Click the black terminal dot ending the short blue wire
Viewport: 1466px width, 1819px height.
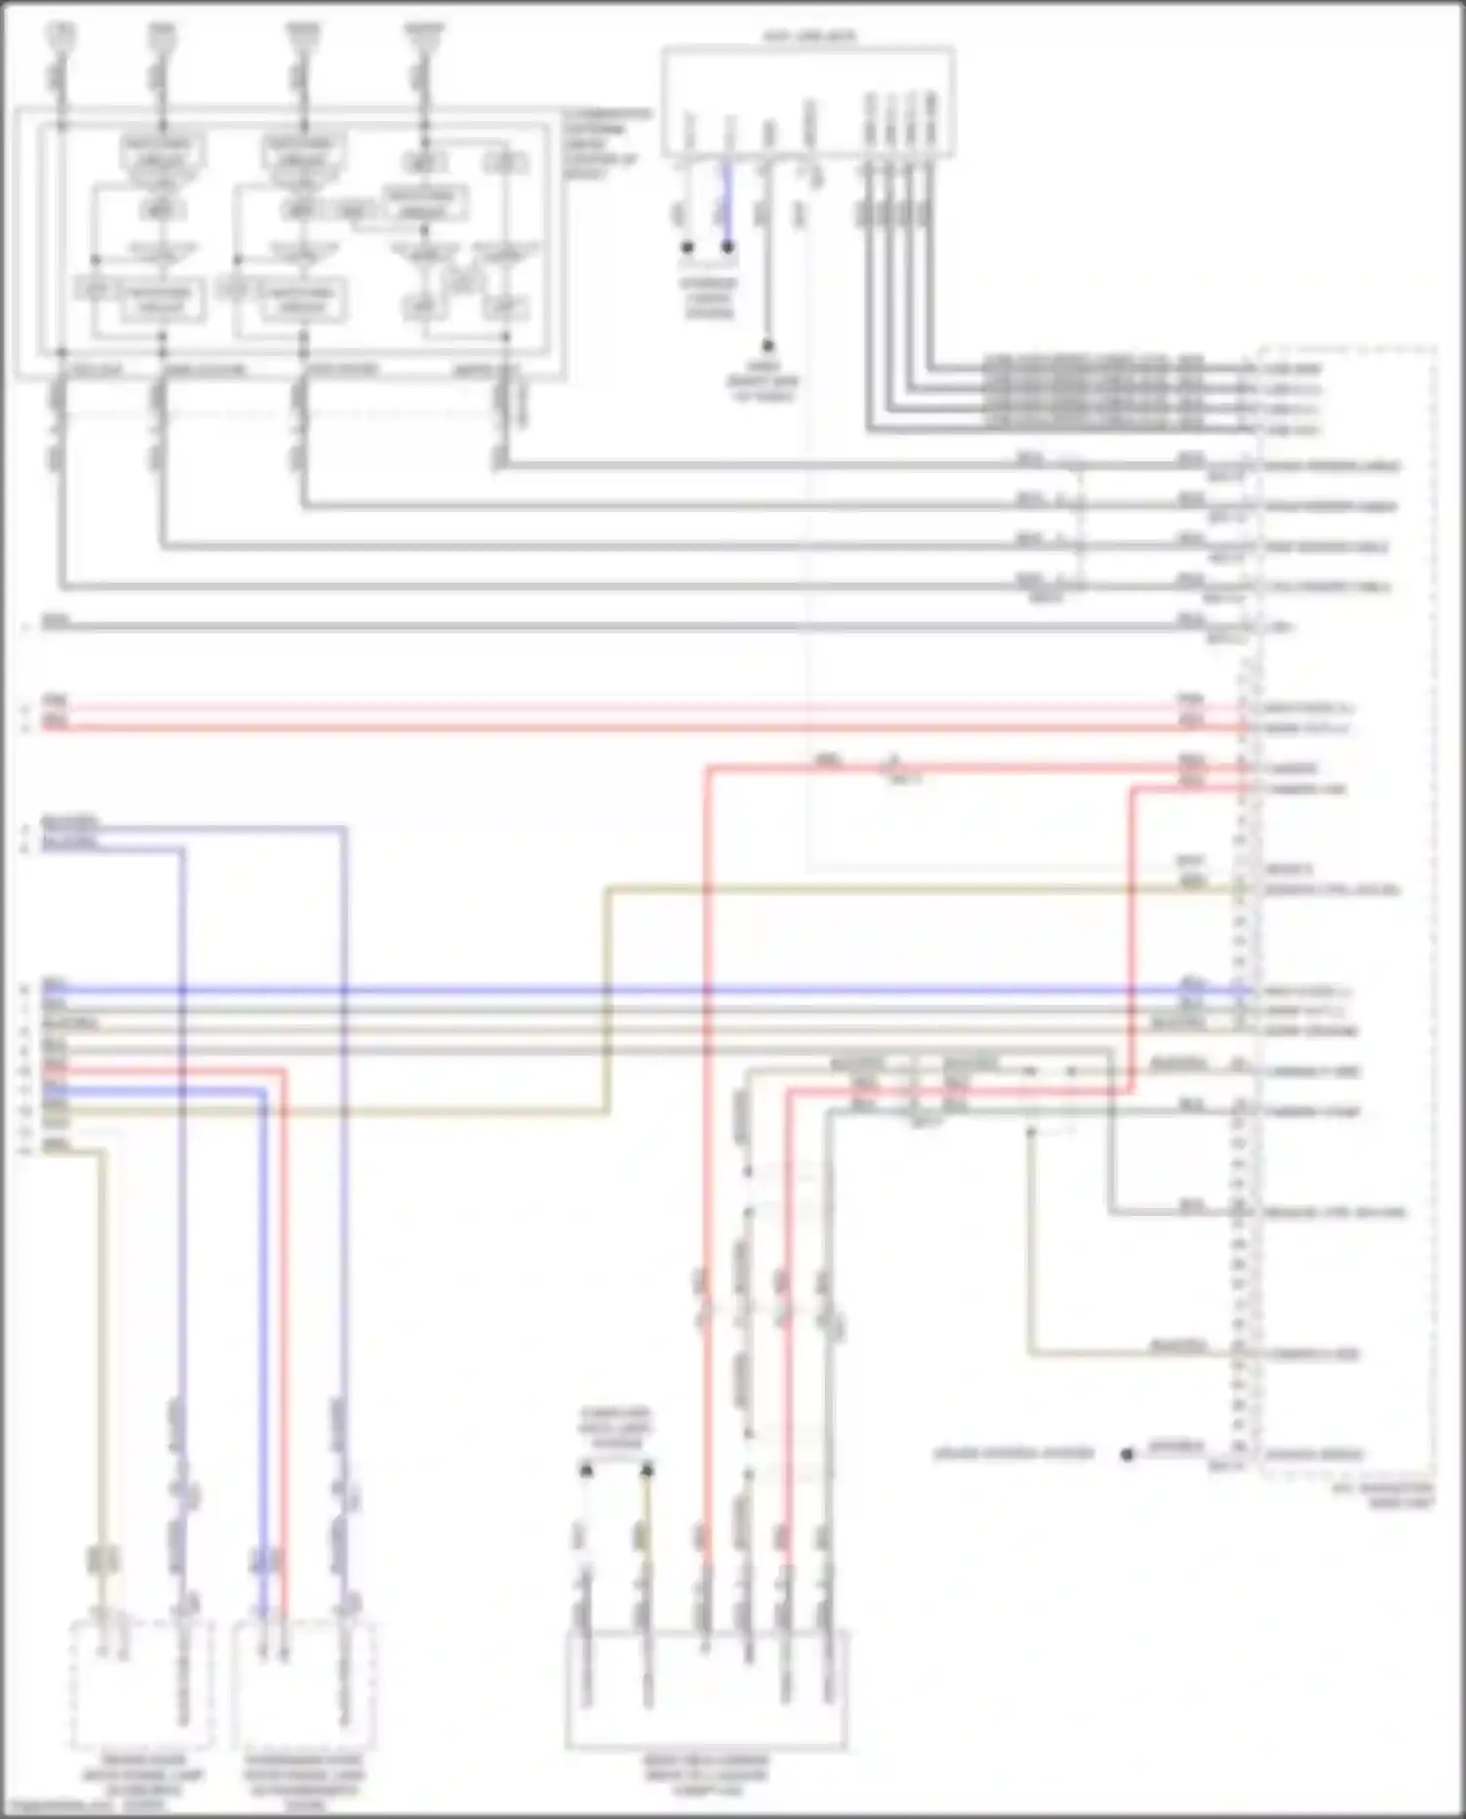point(728,247)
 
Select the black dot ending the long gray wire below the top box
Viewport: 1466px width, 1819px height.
point(767,346)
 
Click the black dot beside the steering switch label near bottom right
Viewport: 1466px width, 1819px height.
point(1127,1454)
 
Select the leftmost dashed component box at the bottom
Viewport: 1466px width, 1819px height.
point(142,1684)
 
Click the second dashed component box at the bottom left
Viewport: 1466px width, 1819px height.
point(305,1684)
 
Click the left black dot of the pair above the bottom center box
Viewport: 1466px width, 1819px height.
point(586,1469)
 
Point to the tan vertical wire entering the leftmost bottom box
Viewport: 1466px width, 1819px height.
point(102,1368)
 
